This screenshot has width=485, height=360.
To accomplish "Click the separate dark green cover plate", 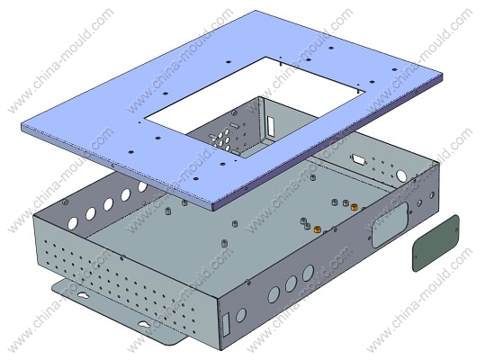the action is click(x=436, y=243).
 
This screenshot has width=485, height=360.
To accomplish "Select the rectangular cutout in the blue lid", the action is click(x=255, y=108).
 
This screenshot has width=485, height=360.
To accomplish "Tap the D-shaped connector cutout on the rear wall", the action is click(x=358, y=158).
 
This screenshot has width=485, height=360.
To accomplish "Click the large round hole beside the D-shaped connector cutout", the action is click(x=401, y=176).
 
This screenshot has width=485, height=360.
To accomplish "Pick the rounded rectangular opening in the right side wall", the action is click(x=391, y=224).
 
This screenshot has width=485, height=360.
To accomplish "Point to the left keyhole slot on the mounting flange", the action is click(x=84, y=296).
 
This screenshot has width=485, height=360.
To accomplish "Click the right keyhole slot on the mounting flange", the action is click(x=144, y=324).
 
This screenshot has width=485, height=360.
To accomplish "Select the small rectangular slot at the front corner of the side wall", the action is click(x=227, y=325).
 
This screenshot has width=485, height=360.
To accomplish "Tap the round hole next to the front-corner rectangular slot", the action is click(x=240, y=315).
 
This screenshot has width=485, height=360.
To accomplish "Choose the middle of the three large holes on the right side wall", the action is click(x=291, y=283).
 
